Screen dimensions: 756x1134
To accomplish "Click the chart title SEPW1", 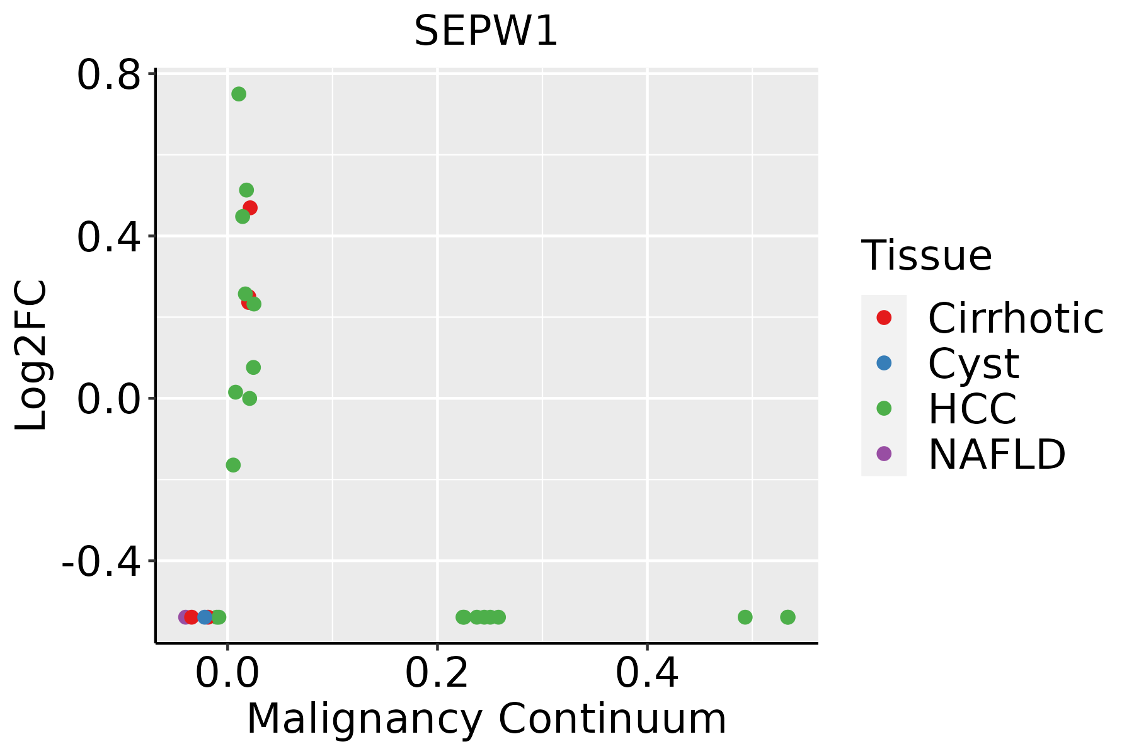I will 486,31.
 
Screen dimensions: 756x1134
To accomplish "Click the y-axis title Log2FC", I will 31,355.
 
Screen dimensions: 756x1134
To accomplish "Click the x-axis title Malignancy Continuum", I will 486,719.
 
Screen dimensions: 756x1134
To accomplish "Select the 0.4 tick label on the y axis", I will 108,238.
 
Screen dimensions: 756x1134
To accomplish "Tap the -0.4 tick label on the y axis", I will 100,561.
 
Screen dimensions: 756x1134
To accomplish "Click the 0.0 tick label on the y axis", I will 108,399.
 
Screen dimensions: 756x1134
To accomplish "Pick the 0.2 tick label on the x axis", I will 437,673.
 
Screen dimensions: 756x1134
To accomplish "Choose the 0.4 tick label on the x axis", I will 647,673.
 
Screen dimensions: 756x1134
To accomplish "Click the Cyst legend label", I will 973,364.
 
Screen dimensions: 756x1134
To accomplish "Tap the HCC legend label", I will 972,409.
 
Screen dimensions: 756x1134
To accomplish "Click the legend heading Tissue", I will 926,256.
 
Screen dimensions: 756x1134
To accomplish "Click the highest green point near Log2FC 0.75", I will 239,94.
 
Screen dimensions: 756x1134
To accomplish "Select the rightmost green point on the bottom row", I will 787,617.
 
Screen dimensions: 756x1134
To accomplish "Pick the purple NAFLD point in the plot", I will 185,617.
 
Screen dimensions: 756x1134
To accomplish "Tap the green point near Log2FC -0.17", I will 233,466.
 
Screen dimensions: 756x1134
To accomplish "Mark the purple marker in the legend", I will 884,454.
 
